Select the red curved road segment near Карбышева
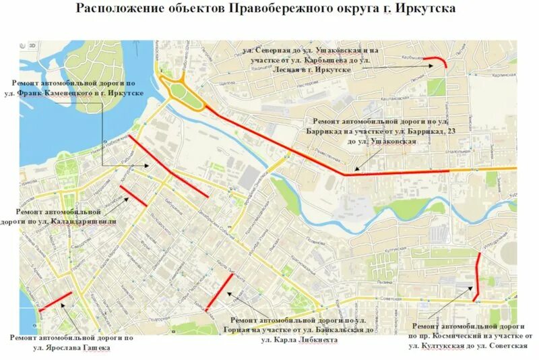tap(441, 61)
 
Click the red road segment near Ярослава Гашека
tap(55, 301)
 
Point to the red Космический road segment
tap(477, 276)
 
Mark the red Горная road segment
tap(220, 292)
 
